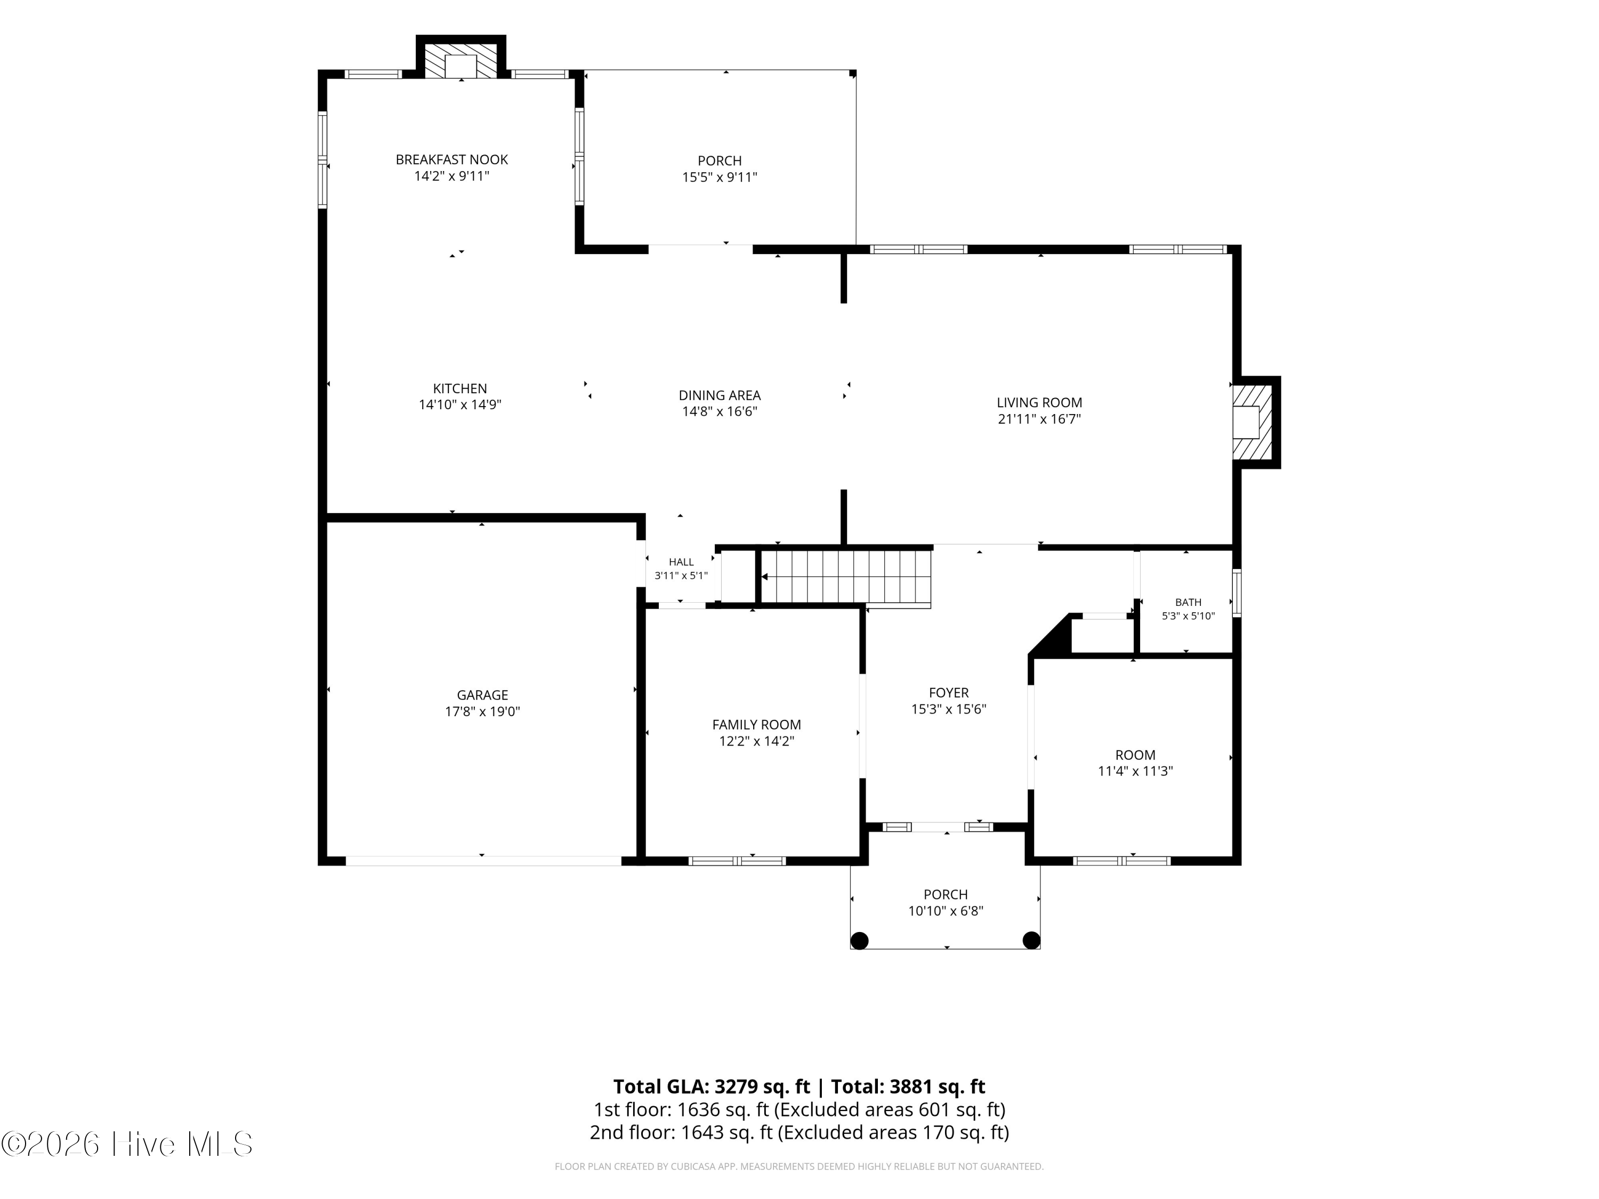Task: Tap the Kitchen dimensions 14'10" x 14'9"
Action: pyautogui.click(x=461, y=404)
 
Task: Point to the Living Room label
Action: pyautogui.click(x=1039, y=402)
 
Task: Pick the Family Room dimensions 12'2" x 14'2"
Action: pyautogui.click(x=757, y=741)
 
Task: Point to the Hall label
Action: pyautogui.click(x=681, y=562)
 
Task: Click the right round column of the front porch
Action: pyautogui.click(x=1031, y=940)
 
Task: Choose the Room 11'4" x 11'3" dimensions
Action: pyautogui.click(x=1135, y=771)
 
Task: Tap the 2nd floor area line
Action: pyautogui.click(x=799, y=1132)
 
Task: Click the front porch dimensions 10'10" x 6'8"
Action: pyautogui.click(x=946, y=911)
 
